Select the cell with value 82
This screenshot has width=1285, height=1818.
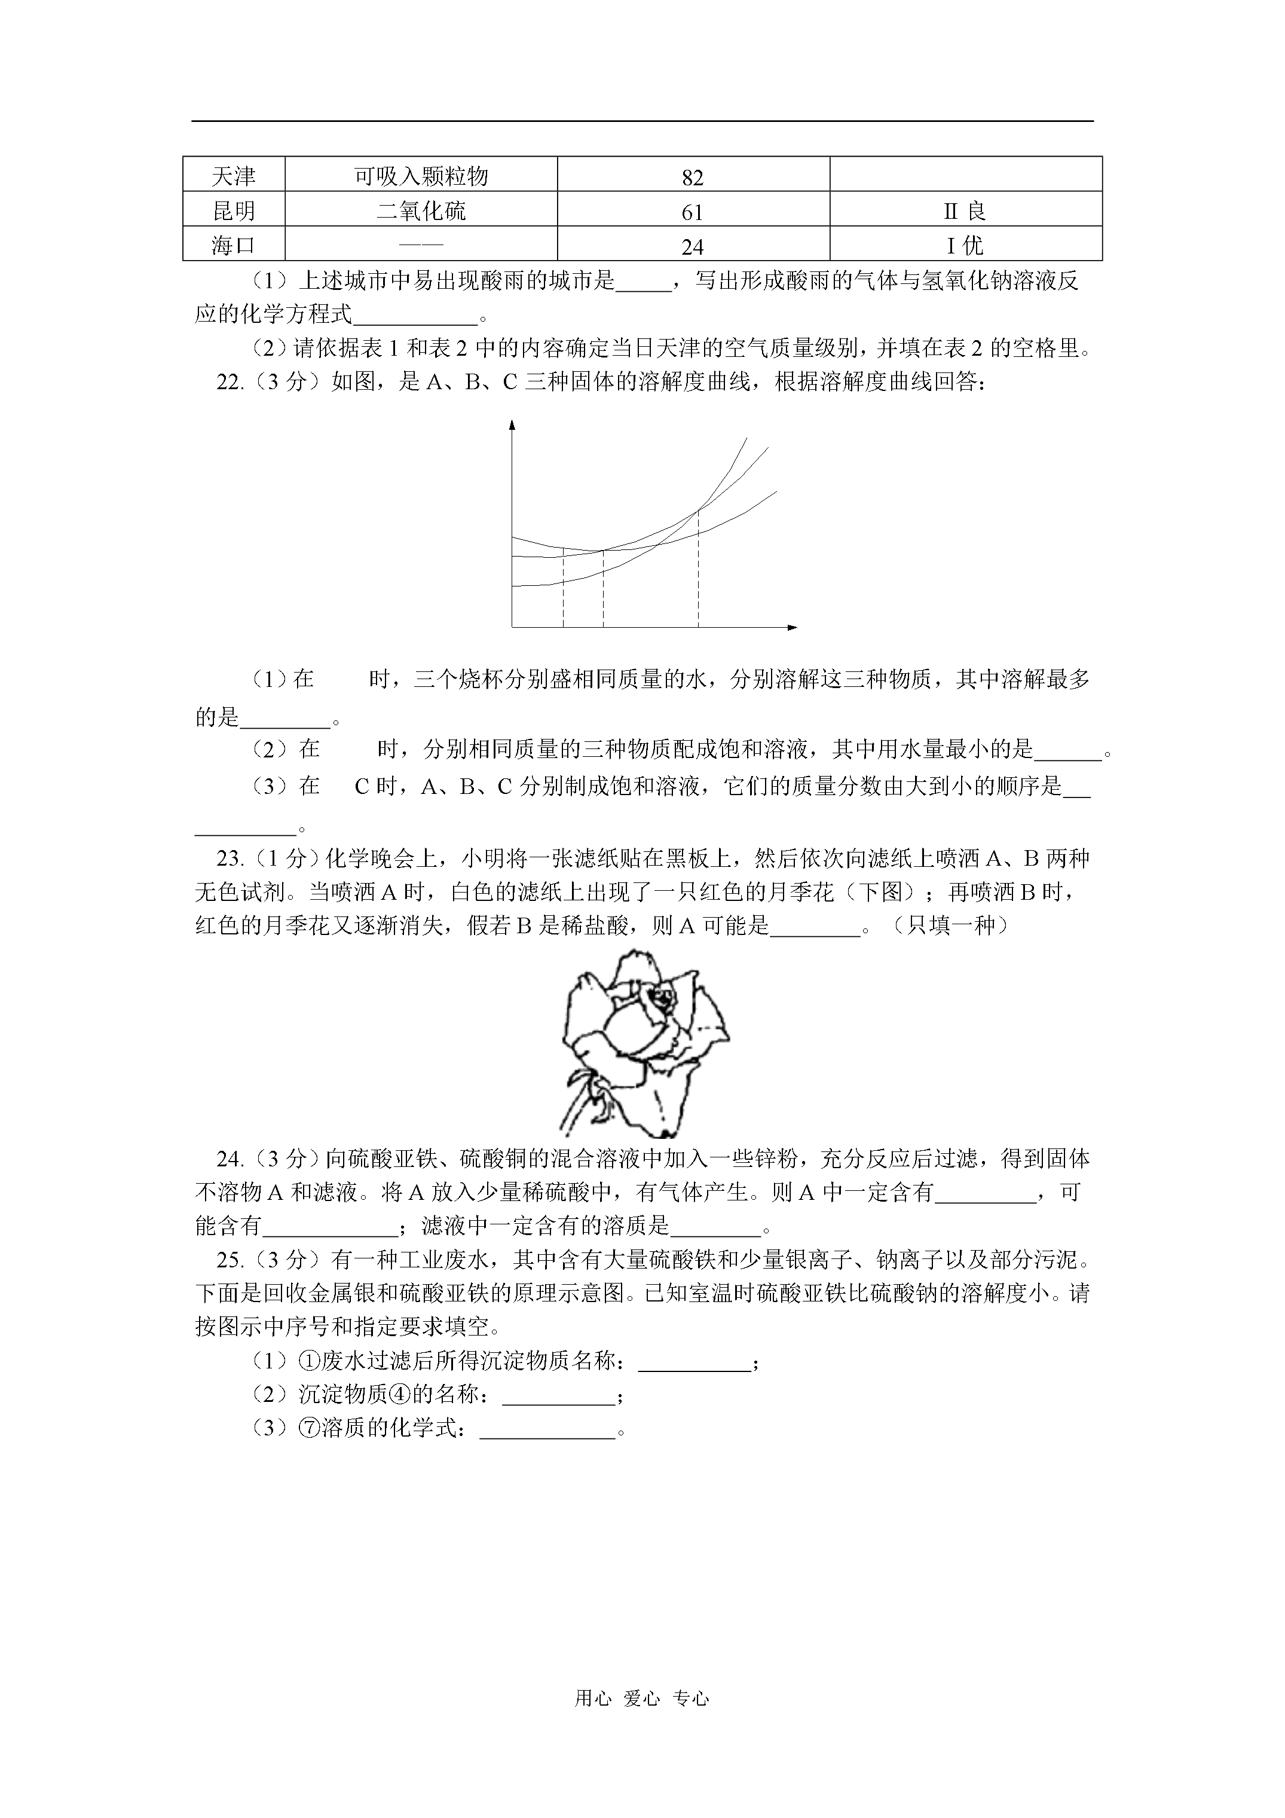(693, 176)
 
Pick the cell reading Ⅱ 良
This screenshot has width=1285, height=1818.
(965, 210)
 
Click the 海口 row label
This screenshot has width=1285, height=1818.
(234, 245)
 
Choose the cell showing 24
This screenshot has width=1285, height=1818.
(693, 246)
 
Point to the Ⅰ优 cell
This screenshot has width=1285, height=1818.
(965, 245)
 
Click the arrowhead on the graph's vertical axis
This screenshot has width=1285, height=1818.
(512, 424)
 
